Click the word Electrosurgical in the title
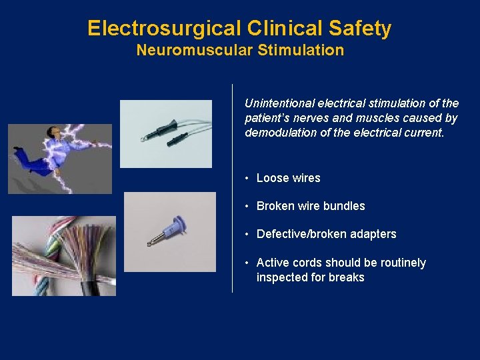163,29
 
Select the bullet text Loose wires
288,178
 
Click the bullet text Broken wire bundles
311,206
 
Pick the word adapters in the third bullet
371,234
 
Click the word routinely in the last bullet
401,263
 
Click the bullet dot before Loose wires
247,179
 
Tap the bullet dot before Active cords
247,263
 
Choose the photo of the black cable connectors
166,133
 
